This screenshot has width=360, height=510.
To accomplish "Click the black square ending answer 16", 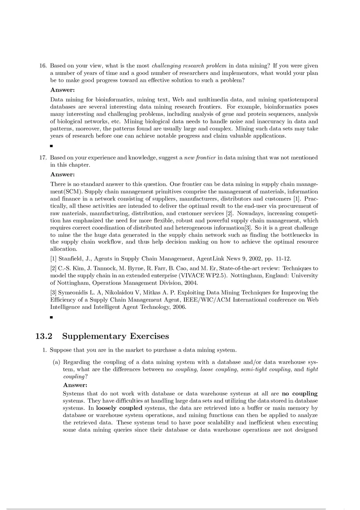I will (52, 146).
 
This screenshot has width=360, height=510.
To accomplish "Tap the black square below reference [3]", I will (52, 317).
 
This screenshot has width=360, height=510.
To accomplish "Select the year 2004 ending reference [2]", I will (191, 283).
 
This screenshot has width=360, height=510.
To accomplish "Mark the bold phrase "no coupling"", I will (299, 394).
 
